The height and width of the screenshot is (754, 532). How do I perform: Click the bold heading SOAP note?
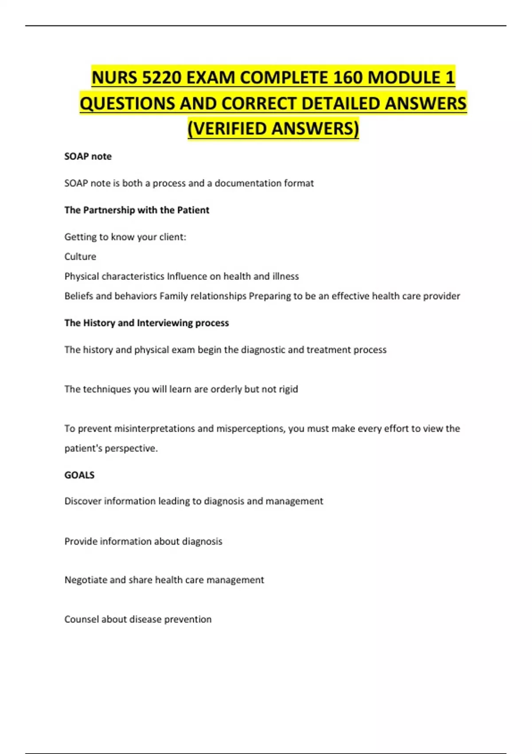(88, 157)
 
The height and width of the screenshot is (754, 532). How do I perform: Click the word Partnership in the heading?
(109, 210)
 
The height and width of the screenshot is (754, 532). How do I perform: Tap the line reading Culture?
(80, 257)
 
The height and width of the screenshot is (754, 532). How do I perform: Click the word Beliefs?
(79, 296)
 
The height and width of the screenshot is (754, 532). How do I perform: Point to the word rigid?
(288, 389)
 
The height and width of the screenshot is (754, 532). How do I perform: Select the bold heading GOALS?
(79, 475)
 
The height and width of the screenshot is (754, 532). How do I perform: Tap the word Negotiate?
(86, 580)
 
